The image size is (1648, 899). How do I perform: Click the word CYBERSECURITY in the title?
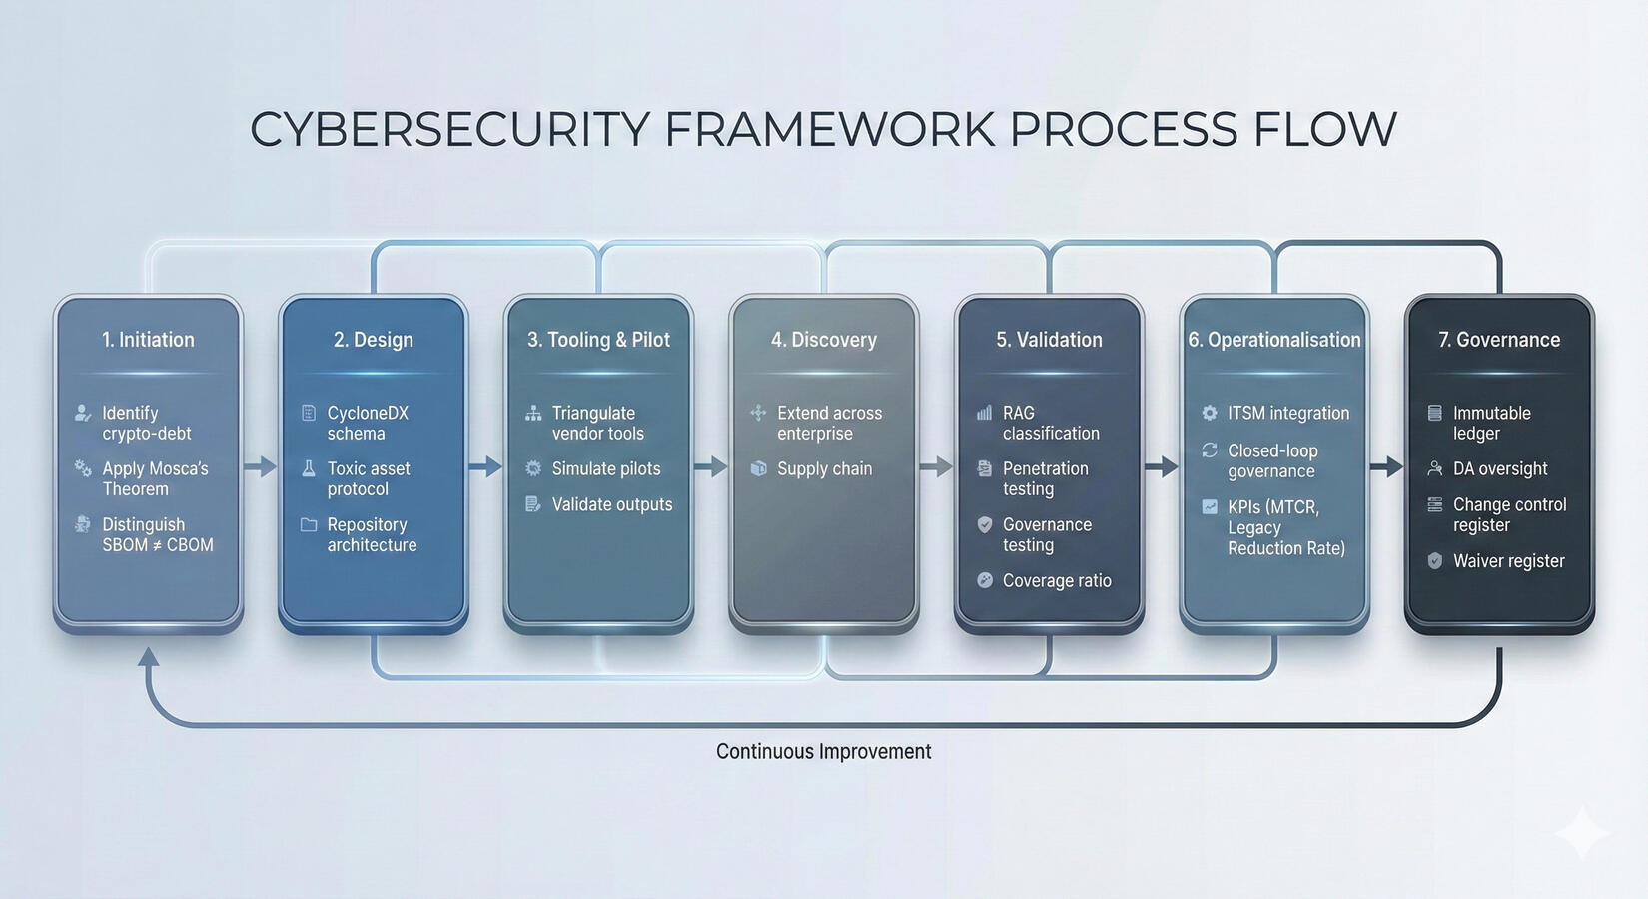click(x=448, y=130)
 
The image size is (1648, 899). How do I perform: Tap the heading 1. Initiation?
click(x=148, y=340)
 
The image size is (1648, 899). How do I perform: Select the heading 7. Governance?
click(x=1498, y=340)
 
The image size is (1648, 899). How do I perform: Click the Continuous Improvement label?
click(x=823, y=751)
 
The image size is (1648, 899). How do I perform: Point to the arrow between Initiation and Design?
click(x=260, y=466)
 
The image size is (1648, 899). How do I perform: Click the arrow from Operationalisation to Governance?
click(x=1386, y=466)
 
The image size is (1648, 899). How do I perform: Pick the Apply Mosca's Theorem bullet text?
click(x=155, y=478)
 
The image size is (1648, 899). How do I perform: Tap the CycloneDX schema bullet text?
click(x=367, y=423)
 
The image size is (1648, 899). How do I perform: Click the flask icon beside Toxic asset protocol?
click(x=309, y=468)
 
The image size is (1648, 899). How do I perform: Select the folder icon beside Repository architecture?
click(x=309, y=524)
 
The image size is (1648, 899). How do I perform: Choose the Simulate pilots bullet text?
click(x=605, y=468)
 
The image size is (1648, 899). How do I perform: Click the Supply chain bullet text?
click(x=824, y=468)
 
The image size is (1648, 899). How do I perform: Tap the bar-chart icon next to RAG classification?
click(x=984, y=413)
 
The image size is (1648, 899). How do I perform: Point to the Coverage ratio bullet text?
click(x=1056, y=580)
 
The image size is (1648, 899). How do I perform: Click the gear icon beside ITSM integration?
click(x=1210, y=413)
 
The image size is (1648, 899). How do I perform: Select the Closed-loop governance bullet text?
click(x=1271, y=460)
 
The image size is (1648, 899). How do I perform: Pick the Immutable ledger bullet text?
click(x=1491, y=423)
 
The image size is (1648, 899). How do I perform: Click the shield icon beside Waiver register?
click(x=1435, y=561)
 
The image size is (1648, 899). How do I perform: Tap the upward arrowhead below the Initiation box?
click(x=148, y=656)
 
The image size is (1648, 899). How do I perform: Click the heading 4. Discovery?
click(x=823, y=340)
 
